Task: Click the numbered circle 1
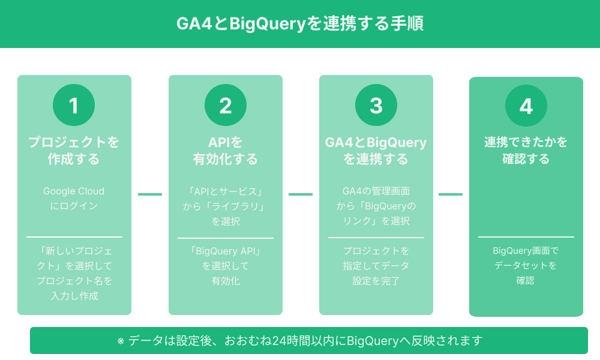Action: click(x=74, y=106)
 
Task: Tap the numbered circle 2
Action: click(x=226, y=106)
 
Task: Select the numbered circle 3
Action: click(x=376, y=106)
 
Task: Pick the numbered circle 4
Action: click(x=526, y=106)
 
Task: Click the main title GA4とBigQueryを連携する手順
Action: click(x=300, y=23)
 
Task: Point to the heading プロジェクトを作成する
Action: click(x=74, y=151)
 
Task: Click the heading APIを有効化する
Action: click(x=226, y=151)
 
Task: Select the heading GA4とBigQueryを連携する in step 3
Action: click(x=376, y=151)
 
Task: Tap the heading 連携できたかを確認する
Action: click(x=526, y=151)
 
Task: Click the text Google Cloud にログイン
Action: click(x=74, y=199)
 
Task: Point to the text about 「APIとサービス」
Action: click(x=226, y=206)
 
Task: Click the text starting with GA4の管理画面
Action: click(x=376, y=206)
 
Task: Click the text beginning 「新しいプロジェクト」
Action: click(x=74, y=273)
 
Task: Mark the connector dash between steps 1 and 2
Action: click(x=150, y=194)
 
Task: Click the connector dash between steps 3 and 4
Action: click(x=451, y=194)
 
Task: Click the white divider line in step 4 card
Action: click(x=526, y=237)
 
